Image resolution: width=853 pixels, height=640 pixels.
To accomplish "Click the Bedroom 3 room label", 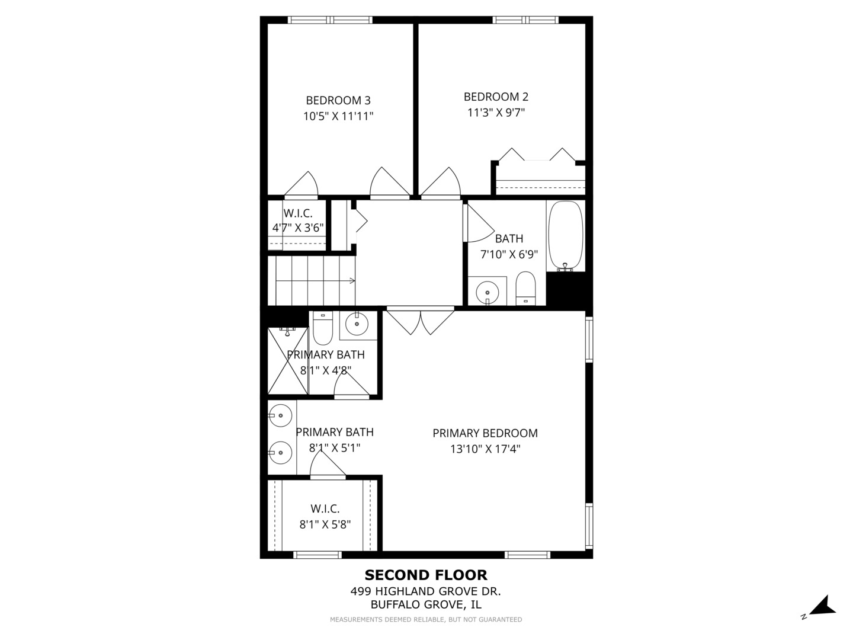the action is pos(338,101).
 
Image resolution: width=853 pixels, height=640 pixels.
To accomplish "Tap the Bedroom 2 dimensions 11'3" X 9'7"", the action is pos(496,113).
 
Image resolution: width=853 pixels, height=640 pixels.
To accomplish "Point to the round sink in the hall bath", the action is pos(488,292).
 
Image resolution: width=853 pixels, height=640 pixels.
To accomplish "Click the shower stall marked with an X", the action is pos(287,361).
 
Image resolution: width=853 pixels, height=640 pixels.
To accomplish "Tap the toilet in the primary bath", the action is pos(323,328).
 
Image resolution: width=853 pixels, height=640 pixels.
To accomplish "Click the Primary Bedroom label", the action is pos(485,433).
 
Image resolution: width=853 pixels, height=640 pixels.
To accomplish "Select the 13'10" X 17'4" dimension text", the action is pos(485,449).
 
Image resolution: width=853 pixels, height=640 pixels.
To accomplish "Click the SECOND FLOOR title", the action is pos(426,575).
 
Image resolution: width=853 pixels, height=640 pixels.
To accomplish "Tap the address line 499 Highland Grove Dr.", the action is pos(425,591).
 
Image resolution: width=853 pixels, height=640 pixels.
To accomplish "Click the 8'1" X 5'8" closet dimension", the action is pos(325,525).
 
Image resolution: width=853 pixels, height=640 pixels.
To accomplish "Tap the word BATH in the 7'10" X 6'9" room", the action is pos(509,239).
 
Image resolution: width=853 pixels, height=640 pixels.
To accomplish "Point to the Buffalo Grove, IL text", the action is pos(425,605).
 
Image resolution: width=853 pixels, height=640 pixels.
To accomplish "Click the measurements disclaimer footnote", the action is pos(426,619).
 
